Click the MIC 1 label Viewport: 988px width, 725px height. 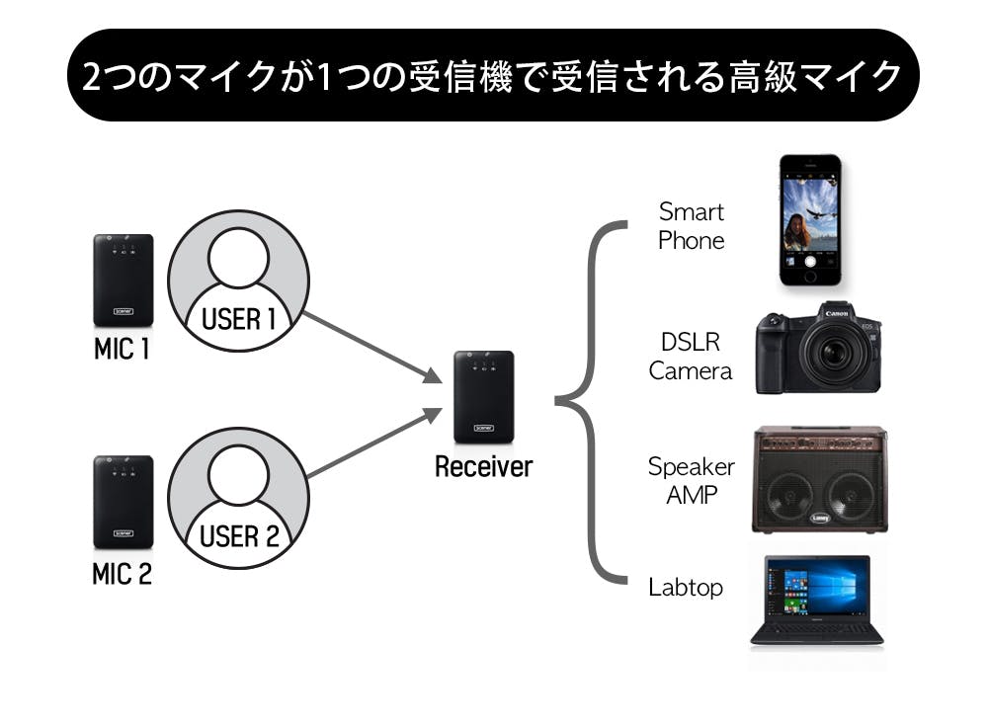(x=122, y=350)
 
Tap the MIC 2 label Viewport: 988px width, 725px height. (x=122, y=574)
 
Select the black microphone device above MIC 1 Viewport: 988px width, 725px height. (x=123, y=281)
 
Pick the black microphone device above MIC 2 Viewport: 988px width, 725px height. (x=123, y=502)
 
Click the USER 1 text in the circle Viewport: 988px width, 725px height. (x=238, y=320)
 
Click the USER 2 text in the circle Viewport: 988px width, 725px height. (x=238, y=537)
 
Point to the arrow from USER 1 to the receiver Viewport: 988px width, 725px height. (x=370, y=348)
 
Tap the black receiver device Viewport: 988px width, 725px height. (x=483, y=396)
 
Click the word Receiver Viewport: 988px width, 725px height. (x=483, y=467)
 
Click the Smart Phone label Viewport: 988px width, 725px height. (x=692, y=226)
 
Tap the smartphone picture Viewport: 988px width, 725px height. (x=809, y=219)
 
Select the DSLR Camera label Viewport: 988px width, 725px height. (x=691, y=357)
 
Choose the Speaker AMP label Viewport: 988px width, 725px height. (x=691, y=480)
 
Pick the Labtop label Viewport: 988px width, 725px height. (x=686, y=588)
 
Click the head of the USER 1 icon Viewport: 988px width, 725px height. (x=238, y=259)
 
